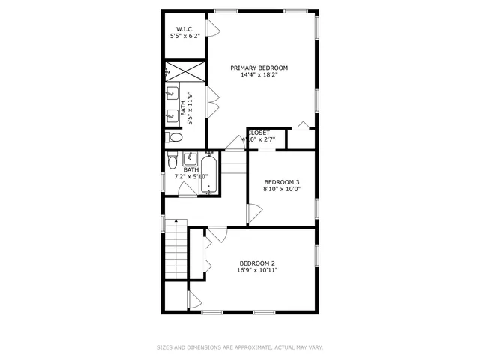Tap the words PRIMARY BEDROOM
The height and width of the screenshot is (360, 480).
point(259,67)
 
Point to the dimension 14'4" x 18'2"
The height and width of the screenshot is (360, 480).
point(259,75)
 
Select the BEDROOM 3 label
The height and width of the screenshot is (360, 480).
point(281,182)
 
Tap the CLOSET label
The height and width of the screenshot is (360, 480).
point(259,133)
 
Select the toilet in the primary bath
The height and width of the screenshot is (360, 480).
point(174,138)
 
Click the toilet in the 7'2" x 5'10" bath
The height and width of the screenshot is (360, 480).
point(172,163)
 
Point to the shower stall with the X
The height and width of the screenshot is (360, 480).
point(186,72)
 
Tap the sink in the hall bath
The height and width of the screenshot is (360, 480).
point(189,160)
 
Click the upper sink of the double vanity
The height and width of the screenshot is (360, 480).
point(172,94)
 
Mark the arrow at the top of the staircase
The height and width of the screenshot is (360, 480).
point(175,223)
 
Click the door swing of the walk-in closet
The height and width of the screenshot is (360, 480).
point(213,28)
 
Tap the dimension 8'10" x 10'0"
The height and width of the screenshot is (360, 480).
point(281,190)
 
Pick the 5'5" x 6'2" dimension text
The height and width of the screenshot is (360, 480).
point(184,37)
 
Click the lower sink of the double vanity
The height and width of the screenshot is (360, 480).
point(172,115)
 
